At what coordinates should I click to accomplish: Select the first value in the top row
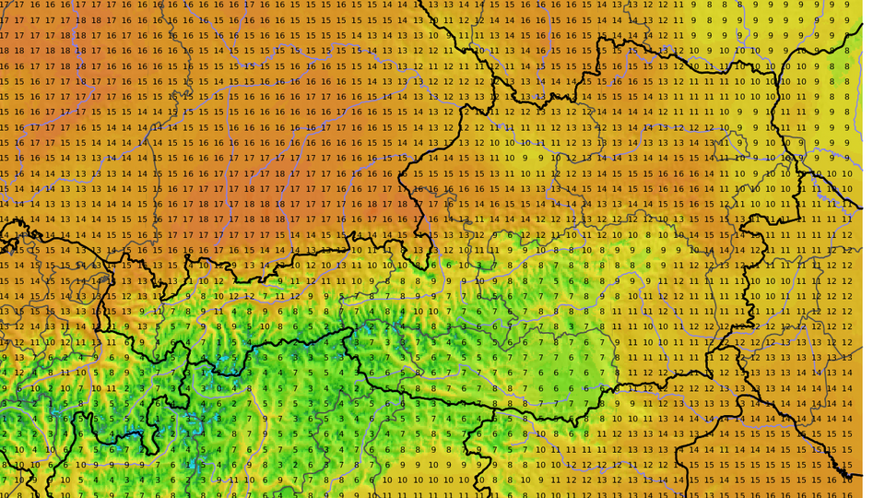[4, 4]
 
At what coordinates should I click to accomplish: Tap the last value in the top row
[847, 4]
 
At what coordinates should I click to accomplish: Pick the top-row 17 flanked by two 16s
[248, 4]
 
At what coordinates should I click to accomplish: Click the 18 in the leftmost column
[4, 51]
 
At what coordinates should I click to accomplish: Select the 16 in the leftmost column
[4, 66]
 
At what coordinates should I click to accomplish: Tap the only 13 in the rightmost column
[847, 358]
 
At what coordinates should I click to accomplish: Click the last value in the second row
[847, 19]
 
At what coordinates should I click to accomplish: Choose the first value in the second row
[4, 19]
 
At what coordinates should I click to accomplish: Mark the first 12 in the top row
[647, 4]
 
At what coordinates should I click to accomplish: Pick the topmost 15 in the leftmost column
[4, 81]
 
